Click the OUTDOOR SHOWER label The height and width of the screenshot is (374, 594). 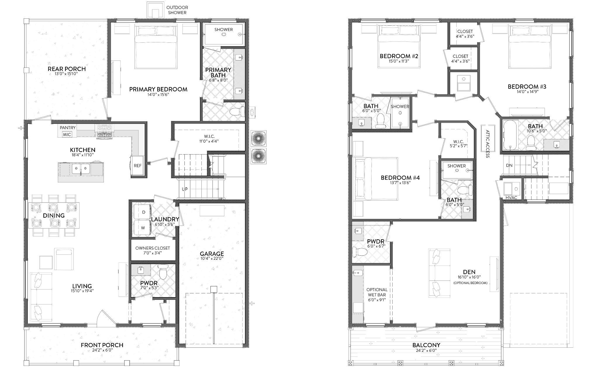coord(177,10)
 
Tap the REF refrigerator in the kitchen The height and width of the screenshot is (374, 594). coord(137,166)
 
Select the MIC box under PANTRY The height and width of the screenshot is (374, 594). coord(67,134)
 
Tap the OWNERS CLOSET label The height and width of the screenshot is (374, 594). coord(152,248)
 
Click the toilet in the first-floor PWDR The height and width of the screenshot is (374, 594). coord(163,273)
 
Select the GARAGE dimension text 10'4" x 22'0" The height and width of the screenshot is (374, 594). coord(212,258)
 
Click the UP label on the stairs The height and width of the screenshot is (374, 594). coord(185,189)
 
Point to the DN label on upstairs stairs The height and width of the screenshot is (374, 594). coord(509,165)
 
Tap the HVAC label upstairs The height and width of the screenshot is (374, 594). coord(511,198)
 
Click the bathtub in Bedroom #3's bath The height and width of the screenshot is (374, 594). coord(510,135)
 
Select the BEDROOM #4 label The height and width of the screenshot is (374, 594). coord(400,178)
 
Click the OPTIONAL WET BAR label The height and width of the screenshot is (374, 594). coord(377,292)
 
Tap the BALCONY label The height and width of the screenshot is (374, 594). coord(426,345)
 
